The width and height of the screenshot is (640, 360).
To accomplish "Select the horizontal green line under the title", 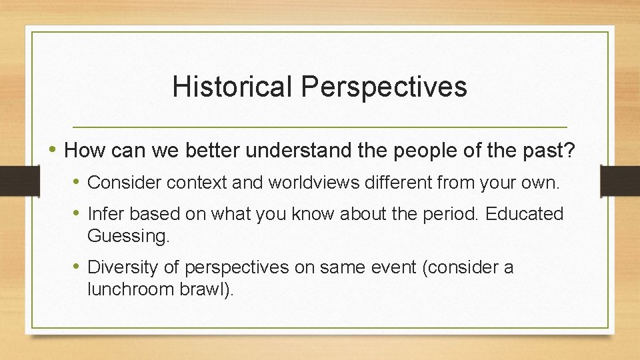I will [x=319, y=127].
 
